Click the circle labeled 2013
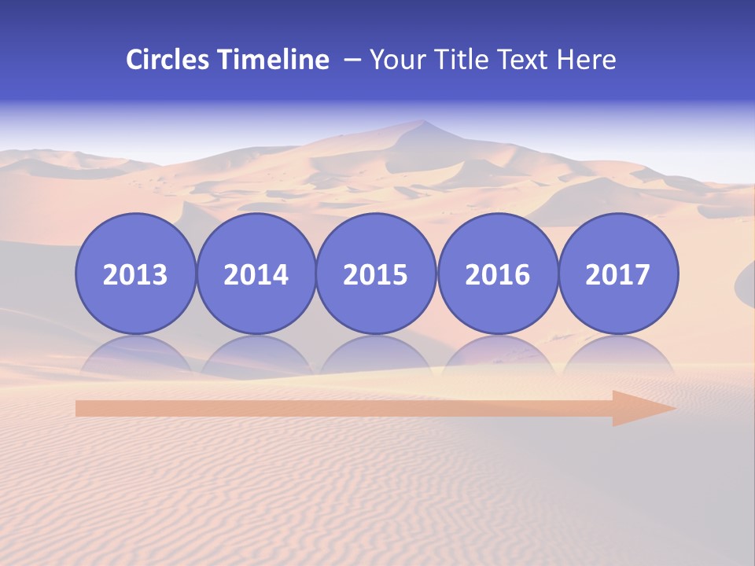pyautogui.click(x=135, y=274)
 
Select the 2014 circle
pyautogui.click(x=256, y=274)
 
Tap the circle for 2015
pyautogui.click(x=376, y=274)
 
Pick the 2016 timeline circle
pyautogui.click(x=497, y=274)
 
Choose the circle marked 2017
pyautogui.click(x=617, y=274)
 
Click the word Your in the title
pyautogui.click(x=395, y=60)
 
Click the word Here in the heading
pyautogui.click(x=586, y=60)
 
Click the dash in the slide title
pyautogui.click(x=352, y=60)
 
